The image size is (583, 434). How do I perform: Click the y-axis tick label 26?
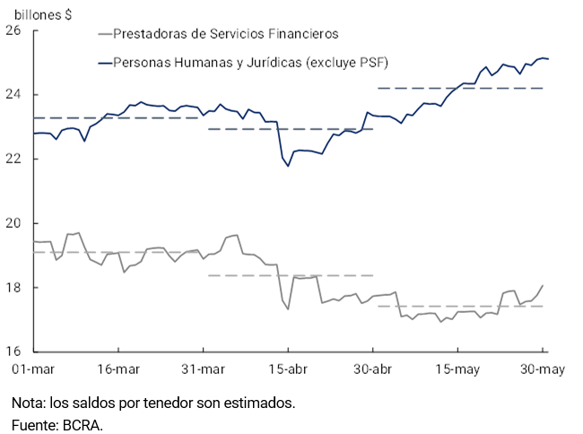(x=13, y=30)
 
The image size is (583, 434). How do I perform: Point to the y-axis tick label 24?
(x=13, y=95)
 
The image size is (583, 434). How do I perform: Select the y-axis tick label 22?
(x=13, y=160)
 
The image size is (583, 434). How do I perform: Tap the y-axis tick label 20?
(x=13, y=223)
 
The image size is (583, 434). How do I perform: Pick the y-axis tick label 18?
(x=13, y=288)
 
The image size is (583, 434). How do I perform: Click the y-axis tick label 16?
(x=13, y=352)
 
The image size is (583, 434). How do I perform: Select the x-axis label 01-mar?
(x=34, y=369)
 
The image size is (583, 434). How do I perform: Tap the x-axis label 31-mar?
(x=204, y=369)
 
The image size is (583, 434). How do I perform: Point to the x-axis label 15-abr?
(x=288, y=369)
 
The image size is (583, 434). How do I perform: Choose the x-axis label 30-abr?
(x=372, y=369)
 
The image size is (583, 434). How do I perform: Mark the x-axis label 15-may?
(x=457, y=369)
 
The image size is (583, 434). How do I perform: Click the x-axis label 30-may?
(x=542, y=369)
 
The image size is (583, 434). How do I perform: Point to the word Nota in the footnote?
(x=27, y=404)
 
